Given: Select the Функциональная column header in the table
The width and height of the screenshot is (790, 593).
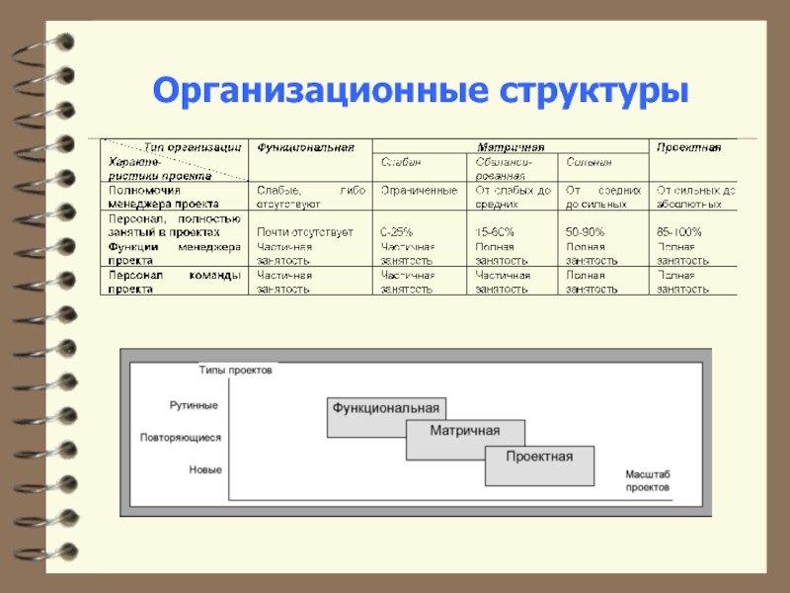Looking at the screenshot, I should (x=305, y=147).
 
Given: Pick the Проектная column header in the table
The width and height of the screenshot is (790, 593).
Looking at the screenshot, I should (x=689, y=147).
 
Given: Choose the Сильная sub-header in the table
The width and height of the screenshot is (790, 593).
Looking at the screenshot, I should (x=589, y=161).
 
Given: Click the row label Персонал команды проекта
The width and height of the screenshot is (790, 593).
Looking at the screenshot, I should (x=173, y=282).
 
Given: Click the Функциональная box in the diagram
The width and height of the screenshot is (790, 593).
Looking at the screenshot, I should (x=385, y=408).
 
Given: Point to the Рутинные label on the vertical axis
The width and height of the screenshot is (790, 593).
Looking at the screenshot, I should (x=194, y=405).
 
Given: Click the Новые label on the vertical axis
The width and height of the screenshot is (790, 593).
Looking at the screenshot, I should (x=205, y=470).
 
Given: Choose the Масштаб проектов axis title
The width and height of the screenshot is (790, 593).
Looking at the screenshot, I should (x=647, y=482).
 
